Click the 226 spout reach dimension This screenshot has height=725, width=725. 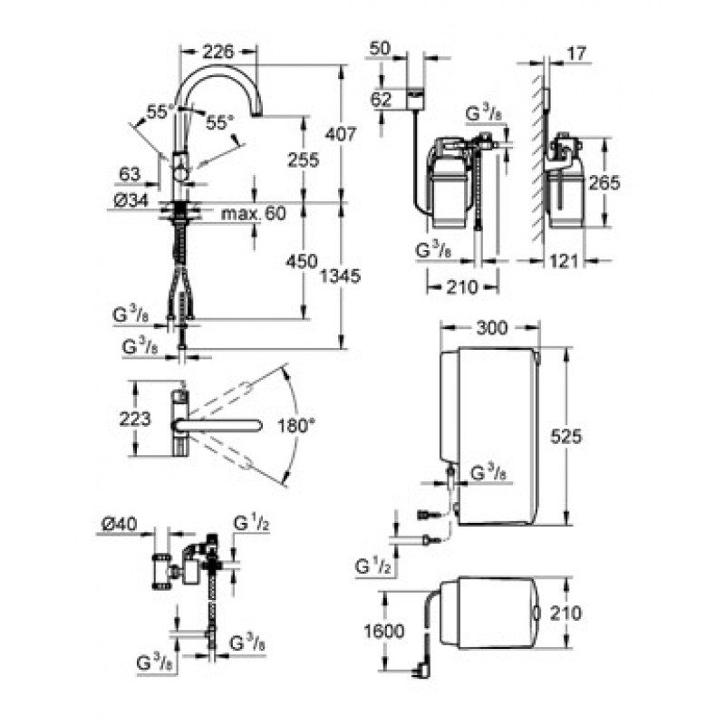coord(218,52)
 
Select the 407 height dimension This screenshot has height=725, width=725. coord(341,134)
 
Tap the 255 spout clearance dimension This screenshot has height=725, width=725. coord(304,160)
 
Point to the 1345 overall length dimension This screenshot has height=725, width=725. coord(341,276)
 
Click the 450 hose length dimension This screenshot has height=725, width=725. coord(302,262)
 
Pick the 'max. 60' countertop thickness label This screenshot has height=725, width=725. coord(254,213)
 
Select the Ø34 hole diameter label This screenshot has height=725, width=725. coord(131,200)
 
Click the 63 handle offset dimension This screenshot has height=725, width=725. coord(130,174)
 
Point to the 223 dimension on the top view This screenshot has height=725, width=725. coord(135,420)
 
